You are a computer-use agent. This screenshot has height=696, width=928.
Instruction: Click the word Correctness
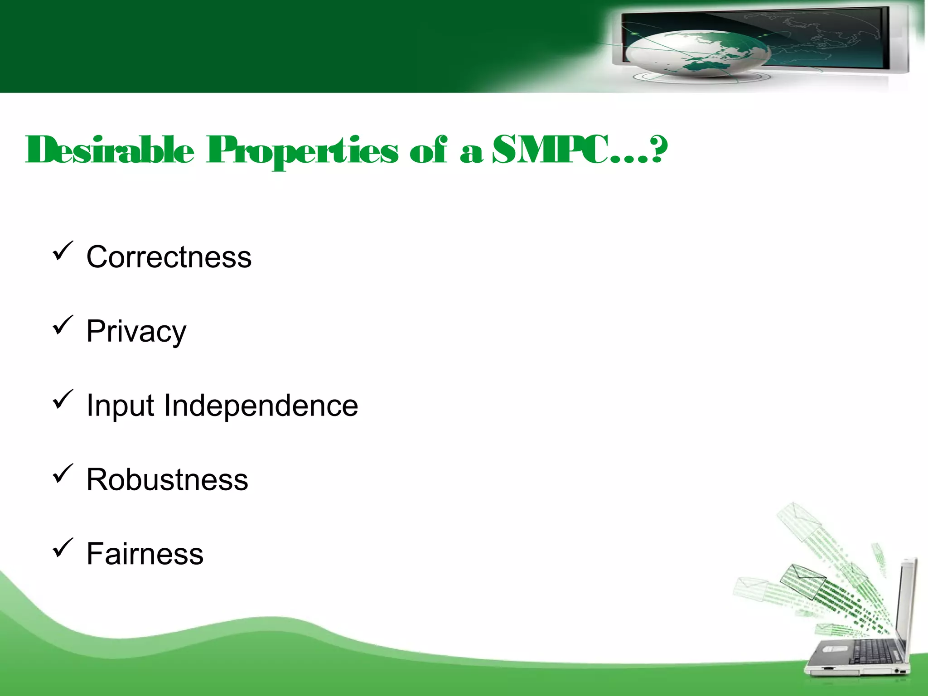[x=169, y=257]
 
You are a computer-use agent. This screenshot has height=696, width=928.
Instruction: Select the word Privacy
[x=136, y=332]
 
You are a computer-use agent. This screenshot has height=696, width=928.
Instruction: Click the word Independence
[x=261, y=405]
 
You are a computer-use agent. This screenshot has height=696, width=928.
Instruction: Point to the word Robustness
[x=167, y=479]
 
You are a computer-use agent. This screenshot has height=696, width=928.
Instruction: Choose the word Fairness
[x=145, y=554]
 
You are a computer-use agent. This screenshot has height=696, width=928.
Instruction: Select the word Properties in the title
[x=303, y=151]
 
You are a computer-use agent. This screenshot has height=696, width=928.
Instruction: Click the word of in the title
[x=428, y=150]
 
